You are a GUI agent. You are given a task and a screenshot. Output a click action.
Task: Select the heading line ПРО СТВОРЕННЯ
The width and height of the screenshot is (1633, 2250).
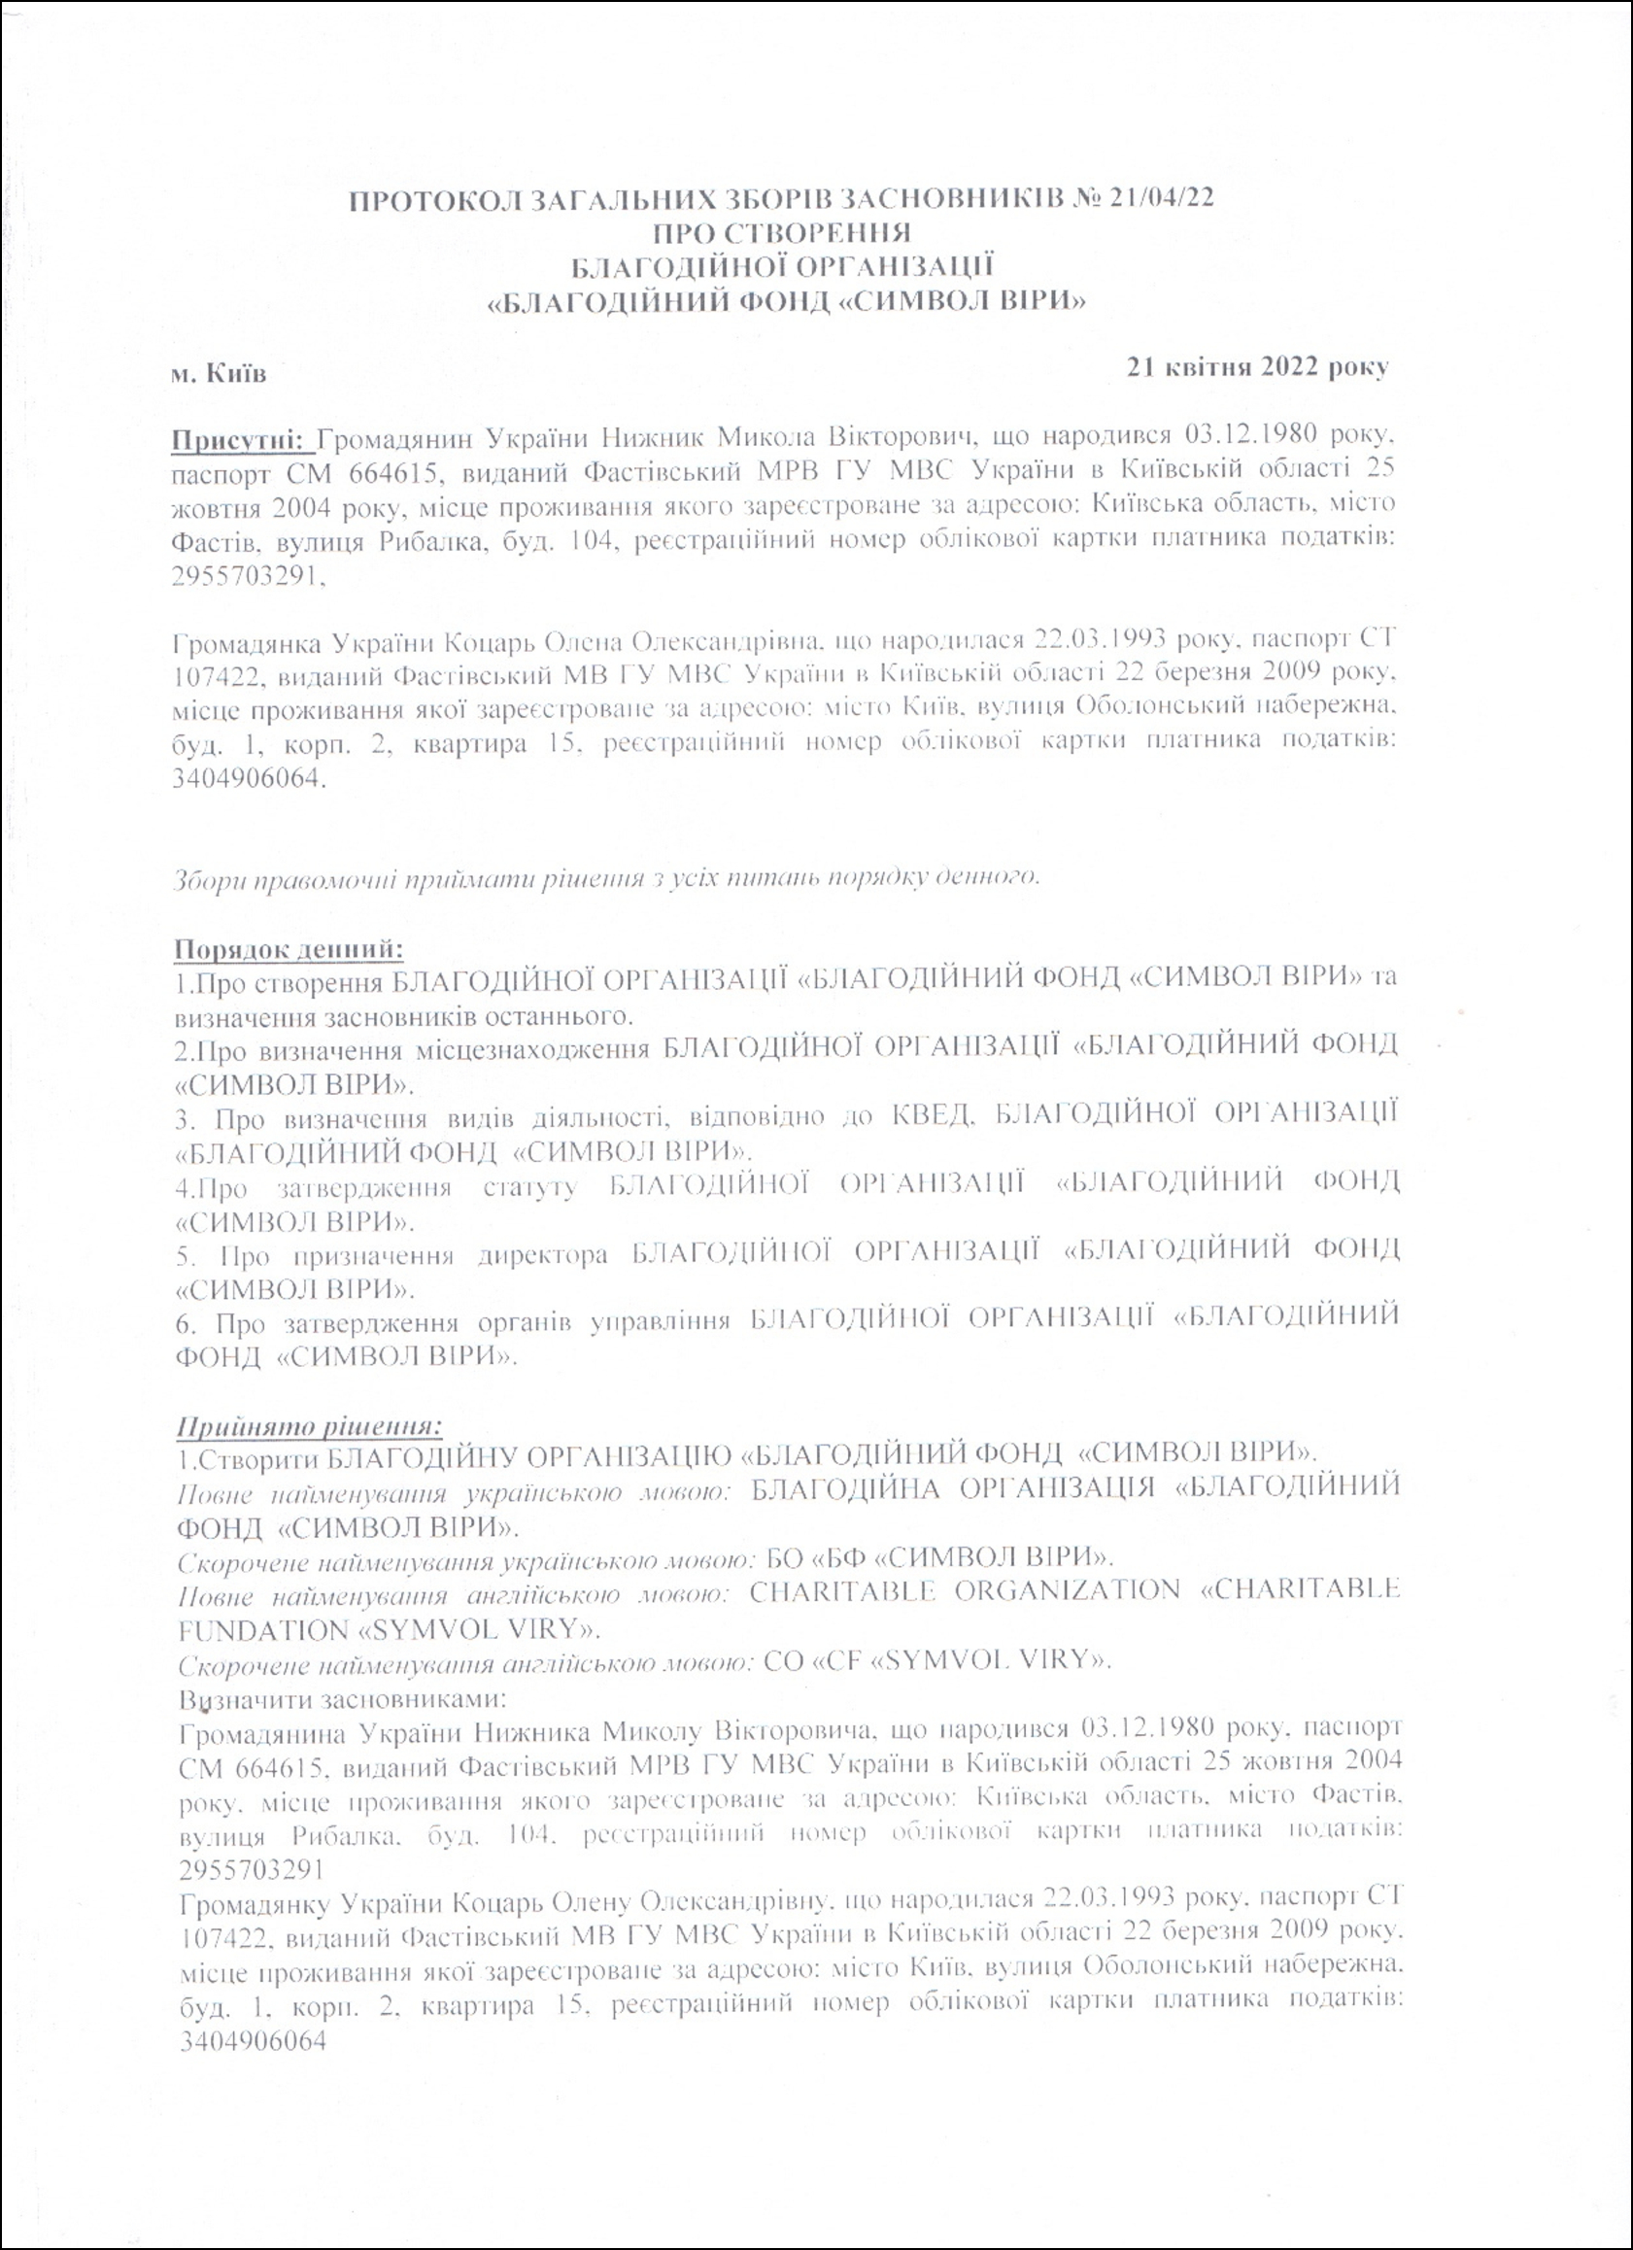(x=783, y=233)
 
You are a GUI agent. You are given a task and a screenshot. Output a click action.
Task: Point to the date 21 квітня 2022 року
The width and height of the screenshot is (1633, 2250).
(x=1257, y=366)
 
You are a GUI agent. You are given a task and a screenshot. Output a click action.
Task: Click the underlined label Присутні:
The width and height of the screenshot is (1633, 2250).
(x=242, y=437)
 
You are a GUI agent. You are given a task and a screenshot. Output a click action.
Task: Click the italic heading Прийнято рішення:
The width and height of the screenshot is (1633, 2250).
(x=309, y=1426)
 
